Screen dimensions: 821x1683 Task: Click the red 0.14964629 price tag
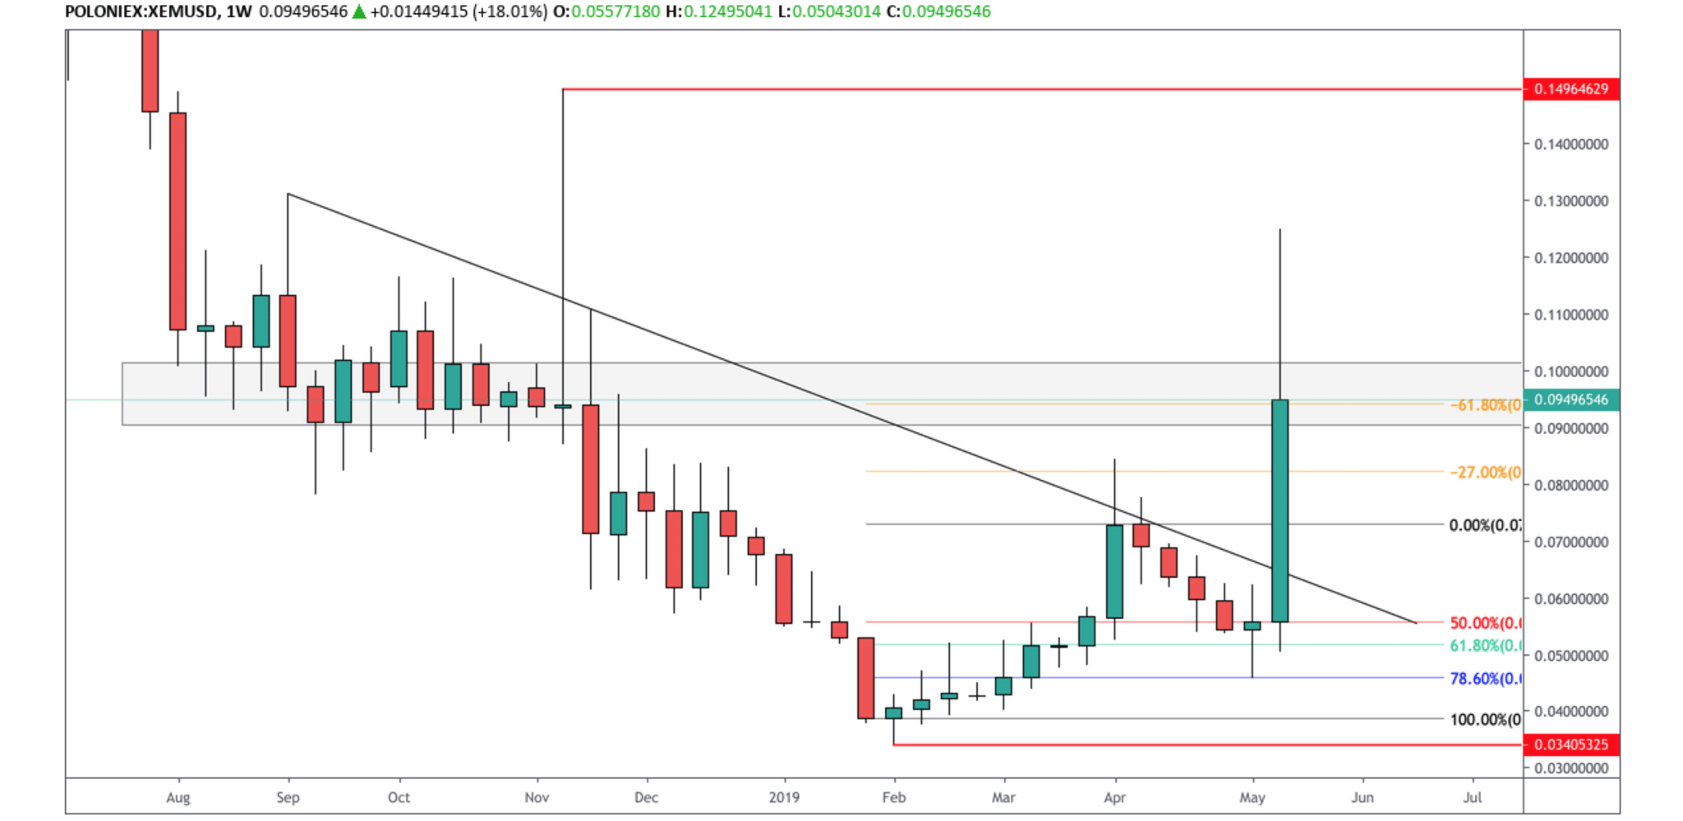[x=1570, y=89]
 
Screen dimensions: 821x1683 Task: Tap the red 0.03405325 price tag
[x=1570, y=745]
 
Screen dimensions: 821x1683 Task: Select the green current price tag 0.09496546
[x=1570, y=400]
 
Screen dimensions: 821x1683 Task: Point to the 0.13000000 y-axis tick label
[x=1570, y=201]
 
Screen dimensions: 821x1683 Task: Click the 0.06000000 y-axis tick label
[x=1570, y=599]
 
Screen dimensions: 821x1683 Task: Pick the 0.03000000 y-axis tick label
[x=1570, y=768]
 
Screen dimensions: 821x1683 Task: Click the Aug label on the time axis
[x=178, y=797]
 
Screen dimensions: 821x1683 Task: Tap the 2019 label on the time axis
[x=784, y=797]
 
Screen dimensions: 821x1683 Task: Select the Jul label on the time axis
[x=1472, y=797]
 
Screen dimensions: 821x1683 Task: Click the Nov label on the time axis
[x=537, y=797]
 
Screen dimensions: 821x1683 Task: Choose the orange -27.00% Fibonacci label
[x=1485, y=473]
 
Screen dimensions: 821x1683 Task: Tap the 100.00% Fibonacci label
[x=1485, y=720]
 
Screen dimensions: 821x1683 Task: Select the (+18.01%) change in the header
[x=510, y=12]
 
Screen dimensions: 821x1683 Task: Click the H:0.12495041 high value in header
[x=718, y=12]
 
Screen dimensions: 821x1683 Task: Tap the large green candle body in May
[x=1280, y=510]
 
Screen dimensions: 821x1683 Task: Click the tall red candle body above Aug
[x=178, y=220]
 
